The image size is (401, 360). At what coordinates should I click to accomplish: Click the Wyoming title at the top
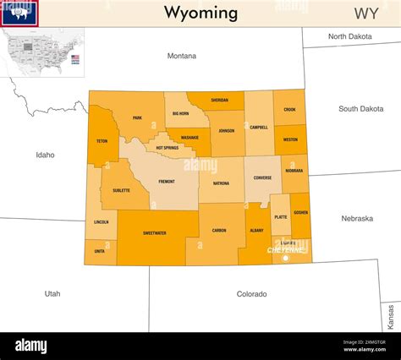[200, 13]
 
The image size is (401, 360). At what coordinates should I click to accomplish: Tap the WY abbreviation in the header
[365, 13]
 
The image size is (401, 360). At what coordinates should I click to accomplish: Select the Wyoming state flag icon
[19, 13]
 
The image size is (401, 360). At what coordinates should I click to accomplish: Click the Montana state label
[181, 56]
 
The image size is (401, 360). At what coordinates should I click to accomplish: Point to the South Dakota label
[360, 109]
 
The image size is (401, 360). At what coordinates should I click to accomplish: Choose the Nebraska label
[357, 218]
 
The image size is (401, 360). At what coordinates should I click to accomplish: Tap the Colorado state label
[251, 294]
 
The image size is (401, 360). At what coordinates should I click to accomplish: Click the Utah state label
[52, 293]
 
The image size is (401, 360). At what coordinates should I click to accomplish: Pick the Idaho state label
[45, 155]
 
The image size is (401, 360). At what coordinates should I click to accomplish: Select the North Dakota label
[349, 36]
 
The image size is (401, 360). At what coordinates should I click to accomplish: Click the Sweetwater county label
[154, 232]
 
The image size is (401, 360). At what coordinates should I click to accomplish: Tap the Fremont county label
[167, 182]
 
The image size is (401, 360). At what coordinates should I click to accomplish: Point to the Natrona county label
[221, 183]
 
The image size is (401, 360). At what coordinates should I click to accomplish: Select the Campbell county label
[259, 128]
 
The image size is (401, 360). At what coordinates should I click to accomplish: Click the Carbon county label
[219, 230]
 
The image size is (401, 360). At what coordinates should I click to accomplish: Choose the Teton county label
[102, 141]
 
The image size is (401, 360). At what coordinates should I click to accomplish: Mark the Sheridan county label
[219, 100]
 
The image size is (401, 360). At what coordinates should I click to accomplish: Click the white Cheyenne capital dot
[285, 258]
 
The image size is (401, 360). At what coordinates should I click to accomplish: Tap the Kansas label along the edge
[391, 317]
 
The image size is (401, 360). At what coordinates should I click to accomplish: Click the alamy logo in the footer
[31, 346]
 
